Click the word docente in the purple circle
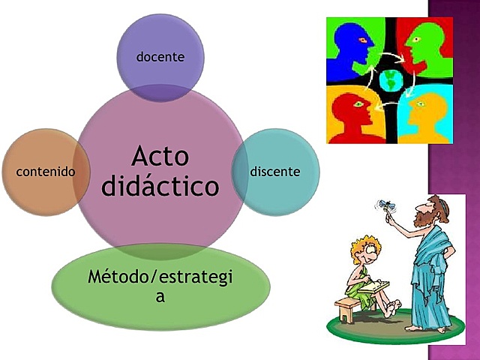[x=160, y=56]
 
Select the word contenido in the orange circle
[x=45, y=172]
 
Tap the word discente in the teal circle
[x=275, y=172]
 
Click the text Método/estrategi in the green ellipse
[x=160, y=277]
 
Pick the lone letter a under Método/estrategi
[x=160, y=296]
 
